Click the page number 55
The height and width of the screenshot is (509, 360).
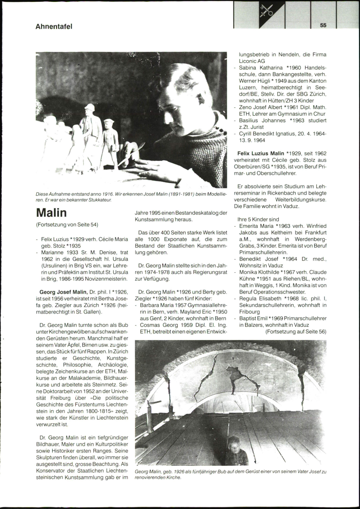point(323,25)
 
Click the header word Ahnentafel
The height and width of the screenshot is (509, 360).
point(54,26)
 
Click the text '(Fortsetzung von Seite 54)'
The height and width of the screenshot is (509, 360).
point(67,224)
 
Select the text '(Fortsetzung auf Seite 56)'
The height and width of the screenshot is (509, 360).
point(296,332)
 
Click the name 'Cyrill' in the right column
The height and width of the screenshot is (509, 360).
point(246,134)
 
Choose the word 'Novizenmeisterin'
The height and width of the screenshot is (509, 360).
point(110,279)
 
